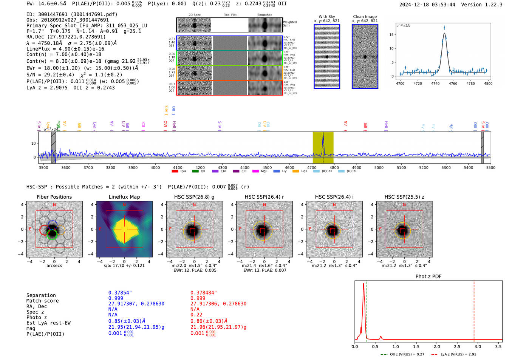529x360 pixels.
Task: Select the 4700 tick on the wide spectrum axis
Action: tap(312, 167)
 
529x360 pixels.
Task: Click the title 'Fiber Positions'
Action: tap(54, 197)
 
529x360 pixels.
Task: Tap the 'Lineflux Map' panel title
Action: tap(124, 197)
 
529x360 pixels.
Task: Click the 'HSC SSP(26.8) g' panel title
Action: tap(194, 197)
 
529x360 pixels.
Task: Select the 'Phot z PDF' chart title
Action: tap(428, 277)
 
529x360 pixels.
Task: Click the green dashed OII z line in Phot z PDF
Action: tap(366, 310)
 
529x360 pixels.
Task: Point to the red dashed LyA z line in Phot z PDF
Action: tap(474, 310)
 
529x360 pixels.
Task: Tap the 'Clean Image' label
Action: tap(365, 17)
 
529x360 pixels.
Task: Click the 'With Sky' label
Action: tap(327, 17)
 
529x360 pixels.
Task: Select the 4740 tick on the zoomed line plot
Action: tap(435, 83)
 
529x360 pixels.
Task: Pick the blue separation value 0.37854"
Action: tap(120, 293)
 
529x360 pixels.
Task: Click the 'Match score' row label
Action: tap(42, 301)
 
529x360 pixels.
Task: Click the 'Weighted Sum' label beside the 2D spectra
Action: tap(290, 24)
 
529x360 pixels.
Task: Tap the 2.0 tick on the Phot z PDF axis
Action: tap(437, 346)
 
